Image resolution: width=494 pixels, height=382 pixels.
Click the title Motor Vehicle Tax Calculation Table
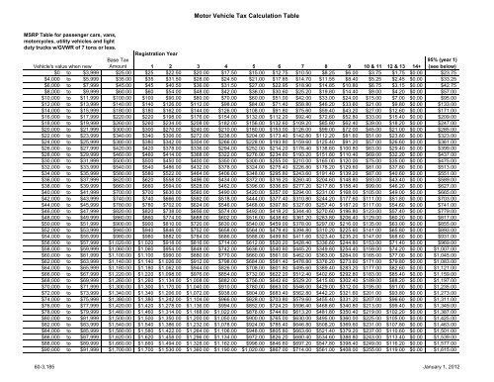tap(247, 9)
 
